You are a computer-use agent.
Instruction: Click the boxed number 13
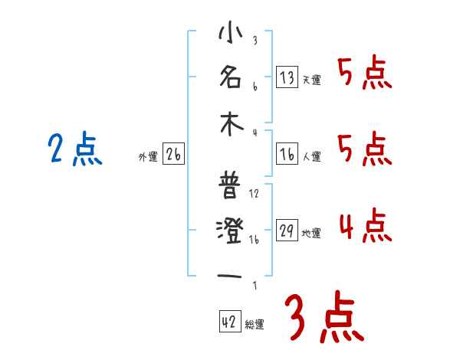pos(287,77)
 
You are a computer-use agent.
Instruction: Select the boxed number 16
pos(287,155)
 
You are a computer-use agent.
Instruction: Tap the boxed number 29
pos(287,231)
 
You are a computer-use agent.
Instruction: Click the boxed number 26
pos(173,155)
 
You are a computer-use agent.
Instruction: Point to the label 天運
pos(311,80)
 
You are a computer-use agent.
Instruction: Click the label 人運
pos(311,157)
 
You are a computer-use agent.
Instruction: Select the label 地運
pos(311,234)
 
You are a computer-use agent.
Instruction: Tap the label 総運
pos(255,324)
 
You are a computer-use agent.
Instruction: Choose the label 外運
pos(148,157)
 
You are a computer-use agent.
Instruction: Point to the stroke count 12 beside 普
pos(255,193)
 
